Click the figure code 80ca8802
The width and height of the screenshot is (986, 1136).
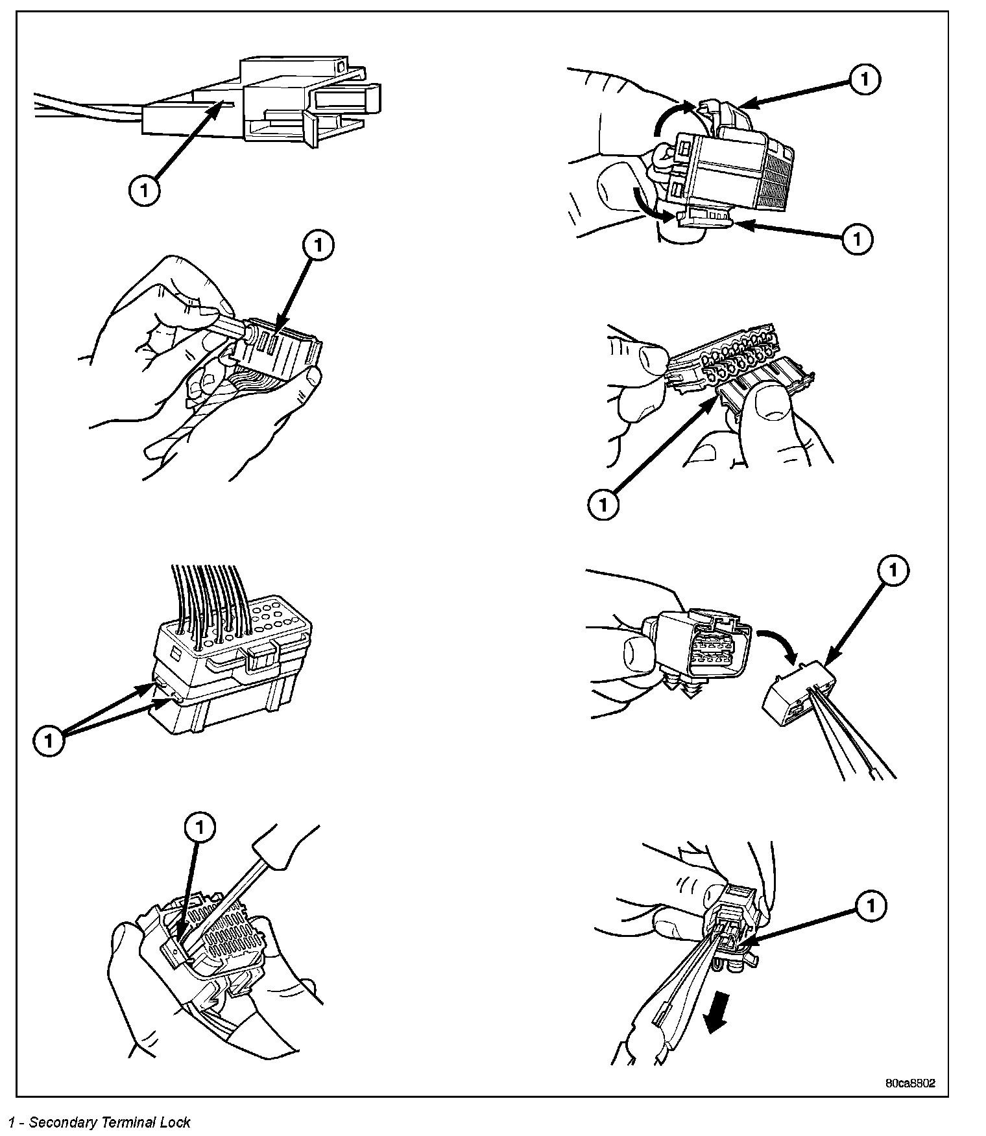(910, 1083)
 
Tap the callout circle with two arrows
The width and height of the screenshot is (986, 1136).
(49, 740)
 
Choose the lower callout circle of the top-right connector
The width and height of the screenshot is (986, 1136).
(857, 239)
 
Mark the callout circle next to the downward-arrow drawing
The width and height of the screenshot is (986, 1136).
(871, 906)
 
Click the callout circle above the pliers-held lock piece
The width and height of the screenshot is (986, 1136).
(893, 571)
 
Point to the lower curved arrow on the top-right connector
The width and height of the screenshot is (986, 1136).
(649, 205)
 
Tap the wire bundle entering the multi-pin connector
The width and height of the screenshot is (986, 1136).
(208, 597)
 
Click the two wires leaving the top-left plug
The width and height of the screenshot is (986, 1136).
(84, 109)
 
